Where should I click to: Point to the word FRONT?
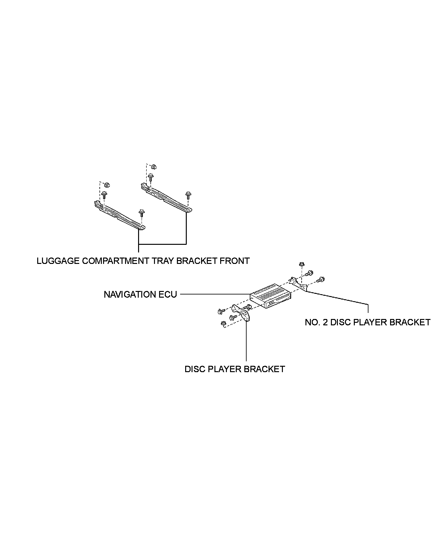click(235, 261)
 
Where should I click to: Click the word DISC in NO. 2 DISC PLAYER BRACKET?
click(341, 322)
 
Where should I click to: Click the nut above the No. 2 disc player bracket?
click(301, 264)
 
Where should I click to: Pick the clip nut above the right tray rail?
click(154, 166)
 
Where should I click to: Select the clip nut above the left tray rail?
click(107, 184)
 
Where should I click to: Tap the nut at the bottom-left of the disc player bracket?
click(223, 324)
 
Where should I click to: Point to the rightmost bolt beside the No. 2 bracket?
click(322, 280)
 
